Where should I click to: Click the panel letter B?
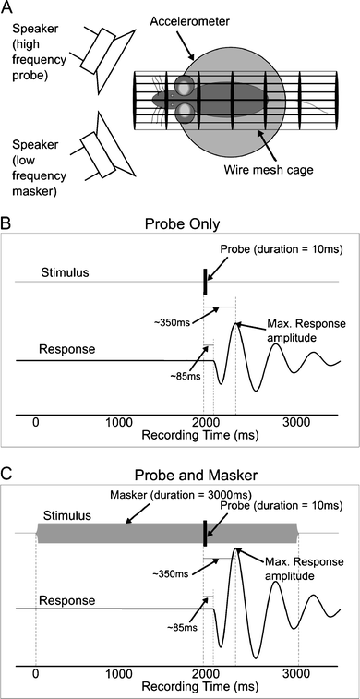(7, 223)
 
